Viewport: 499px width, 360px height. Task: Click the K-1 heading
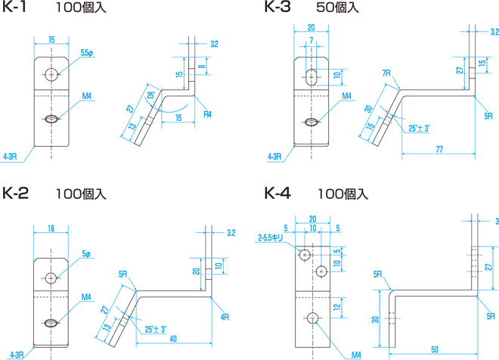[14, 7]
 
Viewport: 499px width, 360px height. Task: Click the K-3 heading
[277, 7]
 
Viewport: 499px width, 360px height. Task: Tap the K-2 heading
[15, 193]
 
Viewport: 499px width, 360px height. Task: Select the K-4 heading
[277, 193]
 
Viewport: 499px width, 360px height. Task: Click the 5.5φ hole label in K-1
[87, 53]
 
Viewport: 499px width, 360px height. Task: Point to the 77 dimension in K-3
[439, 149]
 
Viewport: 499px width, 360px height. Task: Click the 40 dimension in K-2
[173, 339]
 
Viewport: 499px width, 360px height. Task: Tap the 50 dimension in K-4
[435, 349]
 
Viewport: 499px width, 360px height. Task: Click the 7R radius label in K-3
[386, 73]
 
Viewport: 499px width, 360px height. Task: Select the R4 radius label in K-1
[207, 114]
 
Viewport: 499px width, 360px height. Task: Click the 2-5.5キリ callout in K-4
[270, 237]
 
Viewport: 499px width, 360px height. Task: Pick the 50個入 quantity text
[337, 8]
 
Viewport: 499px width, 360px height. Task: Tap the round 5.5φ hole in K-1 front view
[51, 75]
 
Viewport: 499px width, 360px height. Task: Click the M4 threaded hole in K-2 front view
[51, 324]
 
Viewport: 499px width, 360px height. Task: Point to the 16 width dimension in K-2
[51, 228]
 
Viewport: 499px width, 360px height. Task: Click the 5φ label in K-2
[86, 254]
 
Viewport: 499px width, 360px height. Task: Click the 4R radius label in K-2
[225, 317]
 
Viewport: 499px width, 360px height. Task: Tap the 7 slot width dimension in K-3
[311, 41]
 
